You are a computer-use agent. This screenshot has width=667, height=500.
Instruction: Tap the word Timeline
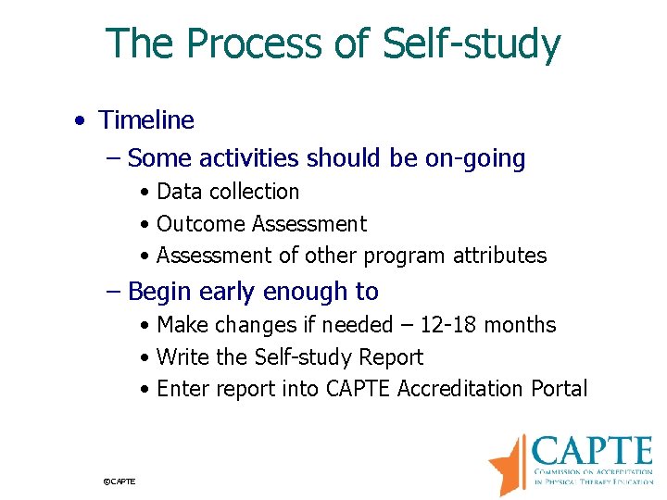(146, 120)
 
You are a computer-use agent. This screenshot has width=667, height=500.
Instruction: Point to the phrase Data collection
(228, 192)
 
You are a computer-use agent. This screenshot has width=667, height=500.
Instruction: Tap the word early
(226, 292)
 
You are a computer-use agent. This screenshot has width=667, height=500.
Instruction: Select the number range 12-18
(450, 325)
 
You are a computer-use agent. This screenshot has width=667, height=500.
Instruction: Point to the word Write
(182, 357)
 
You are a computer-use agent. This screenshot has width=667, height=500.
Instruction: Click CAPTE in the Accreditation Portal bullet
(359, 389)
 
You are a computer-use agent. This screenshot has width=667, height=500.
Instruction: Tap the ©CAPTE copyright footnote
(120, 481)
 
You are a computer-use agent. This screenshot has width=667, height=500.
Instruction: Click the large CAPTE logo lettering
(593, 453)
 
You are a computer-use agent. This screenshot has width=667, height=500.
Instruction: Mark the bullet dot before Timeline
(82, 121)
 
